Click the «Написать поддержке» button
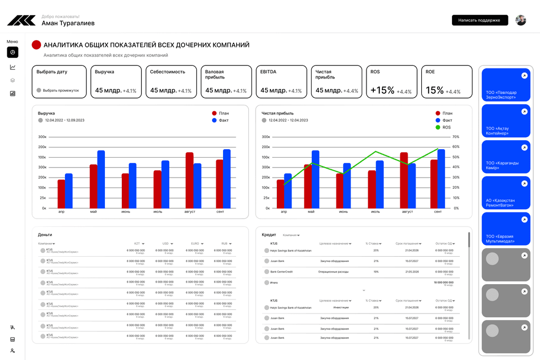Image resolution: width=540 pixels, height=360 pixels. pyautogui.click(x=479, y=20)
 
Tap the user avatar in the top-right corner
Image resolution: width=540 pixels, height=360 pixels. pyautogui.click(x=520, y=20)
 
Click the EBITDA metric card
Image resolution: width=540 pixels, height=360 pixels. pyautogui.click(x=282, y=82)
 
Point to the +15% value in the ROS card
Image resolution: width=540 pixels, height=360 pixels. pyautogui.click(x=382, y=90)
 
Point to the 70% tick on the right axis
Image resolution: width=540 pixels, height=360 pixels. pyautogui.click(x=456, y=137)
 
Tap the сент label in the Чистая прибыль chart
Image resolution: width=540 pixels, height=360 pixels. pyautogui.click(x=438, y=212)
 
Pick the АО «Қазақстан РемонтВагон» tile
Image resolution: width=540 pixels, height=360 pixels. pyautogui.click(x=506, y=192)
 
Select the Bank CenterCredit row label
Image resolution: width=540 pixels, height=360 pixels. pyautogui.click(x=281, y=271)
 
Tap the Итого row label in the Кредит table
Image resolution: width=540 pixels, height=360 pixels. pyautogui.click(x=274, y=283)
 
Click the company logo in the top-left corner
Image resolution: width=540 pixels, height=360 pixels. pyautogui.click(x=21, y=20)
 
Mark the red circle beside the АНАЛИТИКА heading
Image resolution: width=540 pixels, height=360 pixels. pyautogui.click(x=36, y=45)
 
